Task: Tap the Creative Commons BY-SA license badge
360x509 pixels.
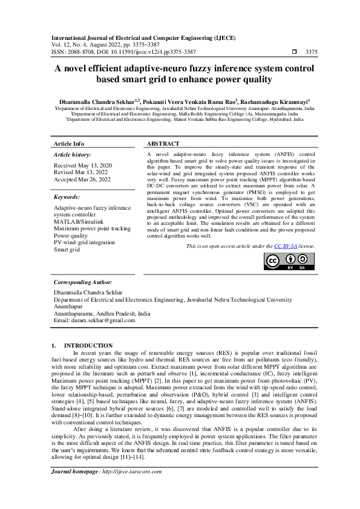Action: click(x=289, y=261)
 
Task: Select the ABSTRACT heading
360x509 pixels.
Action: click(x=163, y=144)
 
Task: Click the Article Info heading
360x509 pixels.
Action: click(x=69, y=144)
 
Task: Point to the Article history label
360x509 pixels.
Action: click(x=71, y=155)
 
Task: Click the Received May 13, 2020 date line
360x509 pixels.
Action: click(x=83, y=165)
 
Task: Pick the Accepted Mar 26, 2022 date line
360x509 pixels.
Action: click(x=82, y=179)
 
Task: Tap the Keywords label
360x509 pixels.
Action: click(x=67, y=197)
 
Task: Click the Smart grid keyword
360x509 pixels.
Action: click(x=67, y=249)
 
